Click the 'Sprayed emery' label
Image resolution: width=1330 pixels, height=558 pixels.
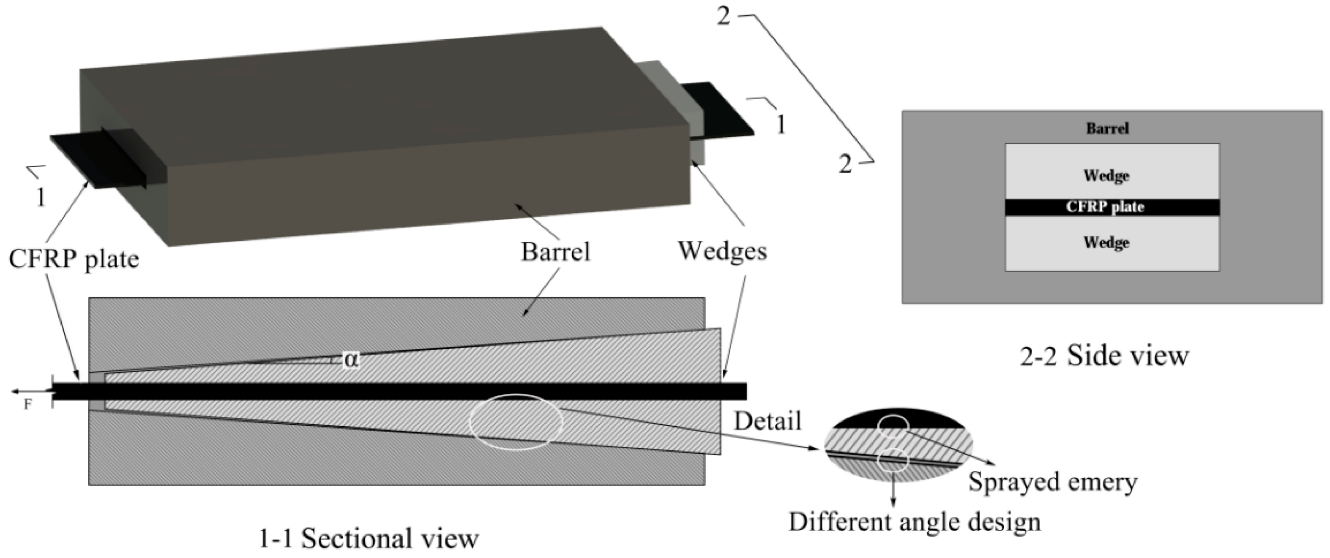pyautogui.click(x=1052, y=482)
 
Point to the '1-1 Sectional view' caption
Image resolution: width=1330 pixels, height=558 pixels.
pyautogui.click(x=368, y=539)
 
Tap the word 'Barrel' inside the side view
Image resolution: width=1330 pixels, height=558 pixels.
pyautogui.click(x=1107, y=128)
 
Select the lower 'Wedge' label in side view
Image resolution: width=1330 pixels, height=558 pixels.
pyautogui.click(x=1106, y=242)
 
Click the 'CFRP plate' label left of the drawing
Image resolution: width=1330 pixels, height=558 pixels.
pyautogui.click(x=74, y=259)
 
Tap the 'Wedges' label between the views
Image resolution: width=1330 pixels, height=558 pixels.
pyautogui.click(x=722, y=251)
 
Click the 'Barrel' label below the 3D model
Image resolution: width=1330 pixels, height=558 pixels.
pyautogui.click(x=555, y=252)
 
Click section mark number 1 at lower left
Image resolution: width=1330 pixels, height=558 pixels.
pyautogui.click(x=40, y=197)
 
